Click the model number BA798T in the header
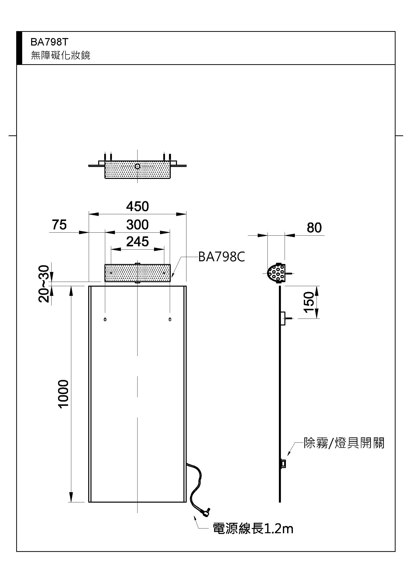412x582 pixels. click(49, 42)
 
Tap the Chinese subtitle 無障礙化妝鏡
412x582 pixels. click(60, 55)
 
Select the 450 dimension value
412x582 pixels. click(137, 207)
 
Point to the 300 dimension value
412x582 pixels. click(137, 225)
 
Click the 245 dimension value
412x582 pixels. click(137, 242)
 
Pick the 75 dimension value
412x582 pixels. click(59, 225)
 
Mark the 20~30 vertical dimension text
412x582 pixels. click(44, 284)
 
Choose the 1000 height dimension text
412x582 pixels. click(64, 394)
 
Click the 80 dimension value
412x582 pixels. click(314, 228)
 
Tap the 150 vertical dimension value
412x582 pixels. click(309, 302)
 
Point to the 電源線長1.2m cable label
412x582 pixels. click(253, 529)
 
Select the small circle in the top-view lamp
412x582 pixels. click(137, 166)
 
